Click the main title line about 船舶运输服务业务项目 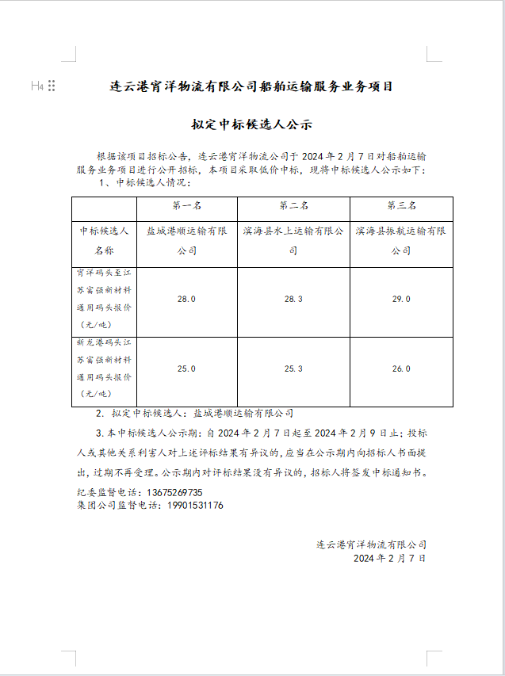pos(251,86)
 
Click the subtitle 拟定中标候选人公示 pos(251,125)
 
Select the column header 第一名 pos(186,205)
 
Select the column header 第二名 pos(293,205)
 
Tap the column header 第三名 pos(401,205)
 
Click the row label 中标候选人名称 pos(104,240)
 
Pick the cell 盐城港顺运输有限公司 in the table pos(186,240)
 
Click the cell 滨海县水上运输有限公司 pos(293,240)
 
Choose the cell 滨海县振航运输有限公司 pos(401,240)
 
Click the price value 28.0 pos(186,300)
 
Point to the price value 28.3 pos(293,300)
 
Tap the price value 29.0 pos(401,300)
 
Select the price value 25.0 pos(186,369)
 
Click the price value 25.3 pos(293,369)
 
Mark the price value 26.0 pos(401,369)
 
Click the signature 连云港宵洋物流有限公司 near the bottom pos(371,544)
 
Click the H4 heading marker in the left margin pos(37,86)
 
